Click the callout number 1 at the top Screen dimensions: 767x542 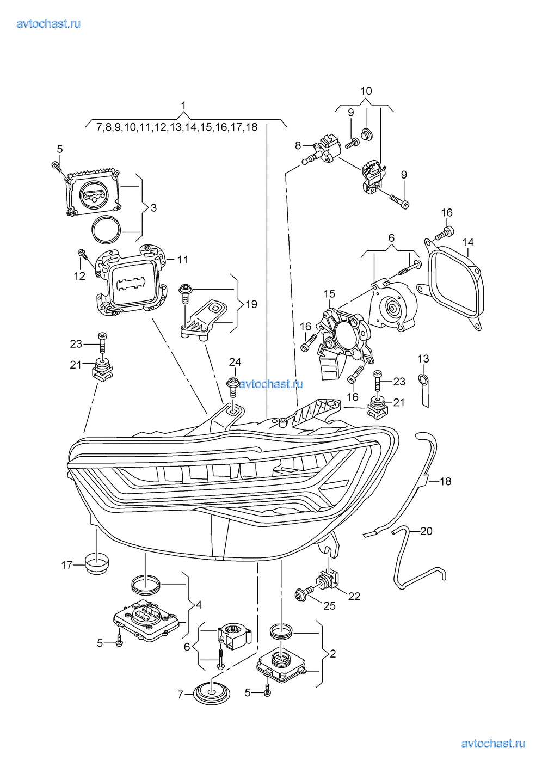183,105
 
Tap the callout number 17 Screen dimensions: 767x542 66,565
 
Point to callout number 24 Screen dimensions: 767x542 235,362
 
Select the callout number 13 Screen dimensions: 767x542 423,359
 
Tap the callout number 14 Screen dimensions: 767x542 468,242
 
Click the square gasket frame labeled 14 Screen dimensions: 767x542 454,286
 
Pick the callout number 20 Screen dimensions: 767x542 426,531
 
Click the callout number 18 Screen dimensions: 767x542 445,481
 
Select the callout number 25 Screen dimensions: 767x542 329,606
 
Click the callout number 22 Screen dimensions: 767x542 354,597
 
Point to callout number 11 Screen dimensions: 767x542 183,260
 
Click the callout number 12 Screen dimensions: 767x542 79,276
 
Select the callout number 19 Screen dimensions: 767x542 251,304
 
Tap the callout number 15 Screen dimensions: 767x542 329,294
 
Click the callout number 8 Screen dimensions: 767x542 298,145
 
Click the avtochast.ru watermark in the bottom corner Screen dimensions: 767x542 493,744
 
